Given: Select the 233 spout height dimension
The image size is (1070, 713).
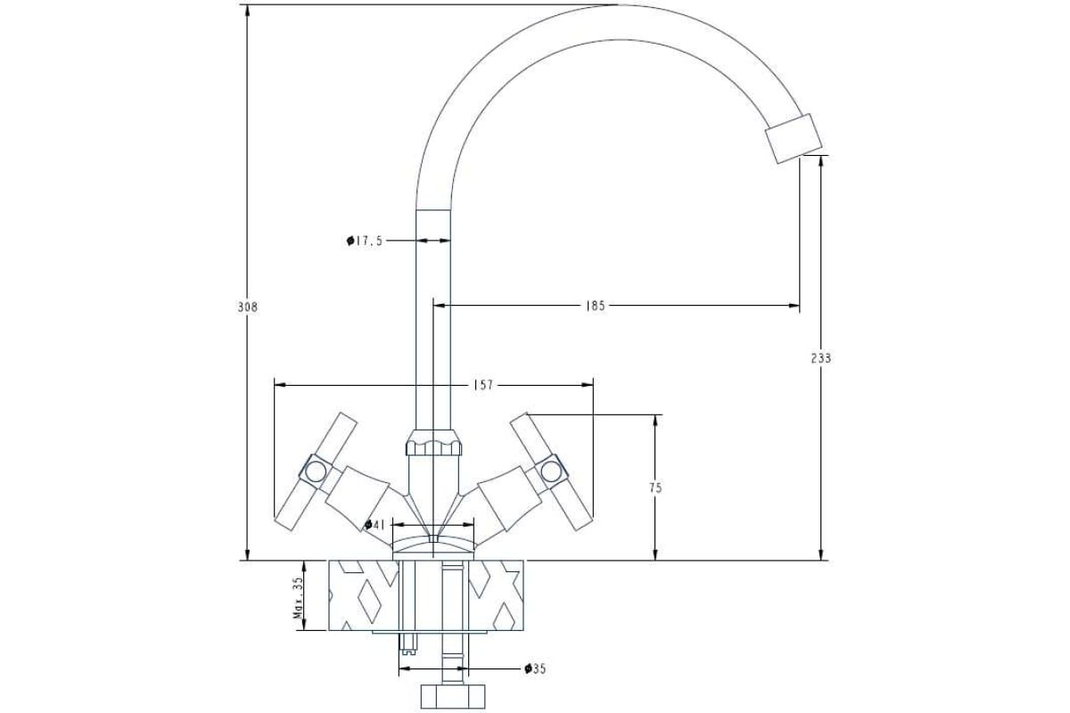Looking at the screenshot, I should (x=821, y=358).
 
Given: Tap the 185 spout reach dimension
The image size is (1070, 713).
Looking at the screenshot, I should (x=596, y=306).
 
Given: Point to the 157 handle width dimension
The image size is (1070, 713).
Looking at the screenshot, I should (x=483, y=385).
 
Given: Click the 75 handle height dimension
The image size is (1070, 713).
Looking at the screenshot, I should (x=655, y=488).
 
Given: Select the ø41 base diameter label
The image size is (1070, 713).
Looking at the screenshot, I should (x=374, y=524).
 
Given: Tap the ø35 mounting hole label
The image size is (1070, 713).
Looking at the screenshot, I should (x=535, y=668).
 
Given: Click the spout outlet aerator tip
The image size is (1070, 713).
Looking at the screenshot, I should (x=794, y=139).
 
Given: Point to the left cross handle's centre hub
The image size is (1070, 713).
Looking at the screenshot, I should (x=315, y=469).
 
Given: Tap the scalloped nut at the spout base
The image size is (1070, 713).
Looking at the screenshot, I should (x=434, y=442).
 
